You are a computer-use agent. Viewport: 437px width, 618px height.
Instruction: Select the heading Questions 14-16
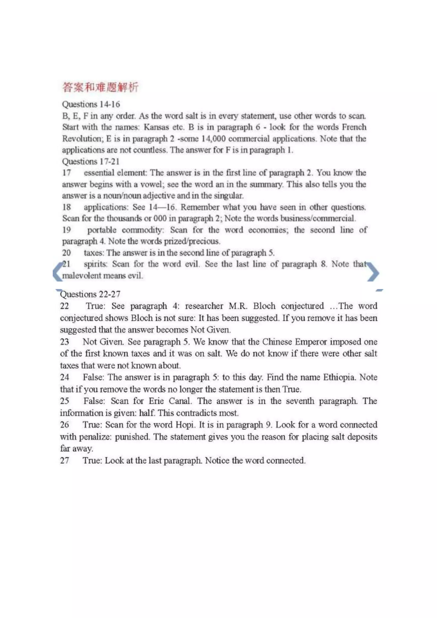tap(91, 104)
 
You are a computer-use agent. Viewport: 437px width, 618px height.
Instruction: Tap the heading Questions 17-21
tap(91, 162)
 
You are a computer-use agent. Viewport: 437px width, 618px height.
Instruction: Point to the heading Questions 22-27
tap(90, 294)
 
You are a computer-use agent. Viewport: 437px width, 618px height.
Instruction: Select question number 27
tap(65, 460)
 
